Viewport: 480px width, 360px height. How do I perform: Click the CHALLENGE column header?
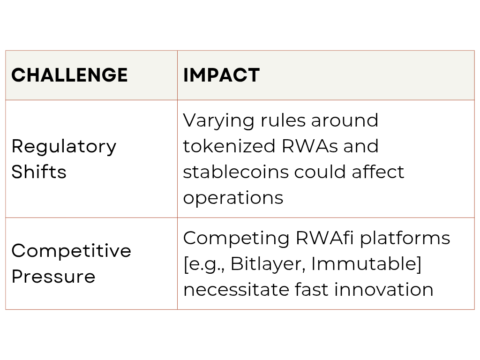point(69,75)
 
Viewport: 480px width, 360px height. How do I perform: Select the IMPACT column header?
point(221,75)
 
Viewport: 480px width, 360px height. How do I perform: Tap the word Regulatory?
point(64,147)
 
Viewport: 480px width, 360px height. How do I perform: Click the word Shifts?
point(39,171)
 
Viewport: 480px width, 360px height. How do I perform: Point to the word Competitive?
point(71,251)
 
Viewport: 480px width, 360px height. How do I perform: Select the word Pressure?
point(53,277)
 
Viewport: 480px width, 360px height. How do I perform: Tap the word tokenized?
point(229,146)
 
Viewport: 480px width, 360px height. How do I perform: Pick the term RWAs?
point(309,146)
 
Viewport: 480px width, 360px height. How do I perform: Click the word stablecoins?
point(236,172)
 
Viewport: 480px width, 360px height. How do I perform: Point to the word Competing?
point(236,239)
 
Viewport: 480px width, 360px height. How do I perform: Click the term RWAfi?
point(325,238)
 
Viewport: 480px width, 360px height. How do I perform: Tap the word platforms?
point(405,239)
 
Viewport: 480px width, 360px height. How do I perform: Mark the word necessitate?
point(236,290)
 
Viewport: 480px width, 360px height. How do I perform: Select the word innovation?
point(384,290)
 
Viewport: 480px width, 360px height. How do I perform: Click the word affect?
point(378,172)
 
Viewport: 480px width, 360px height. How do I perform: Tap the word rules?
point(283,120)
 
